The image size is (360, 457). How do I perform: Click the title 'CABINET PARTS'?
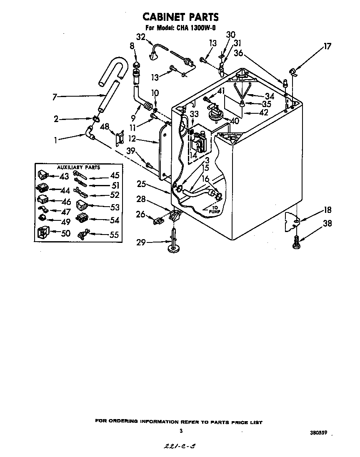tap(180, 17)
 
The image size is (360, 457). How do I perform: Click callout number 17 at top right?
tap(327, 47)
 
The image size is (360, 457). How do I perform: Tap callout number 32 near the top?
tap(140, 37)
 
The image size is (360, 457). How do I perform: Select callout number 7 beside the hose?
tap(55, 97)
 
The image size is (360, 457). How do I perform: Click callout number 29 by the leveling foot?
tap(142, 242)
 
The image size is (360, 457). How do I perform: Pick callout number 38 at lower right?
tap(327, 224)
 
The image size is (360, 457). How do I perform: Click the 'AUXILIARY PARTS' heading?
tap(78, 167)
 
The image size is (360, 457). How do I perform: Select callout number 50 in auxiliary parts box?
tap(65, 233)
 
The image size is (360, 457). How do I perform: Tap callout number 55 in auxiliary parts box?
tap(114, 235)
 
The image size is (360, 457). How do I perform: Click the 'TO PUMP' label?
tap(213, 209)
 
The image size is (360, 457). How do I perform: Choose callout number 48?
tap(105, 127)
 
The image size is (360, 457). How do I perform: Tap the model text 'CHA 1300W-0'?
tap(194, 28)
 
